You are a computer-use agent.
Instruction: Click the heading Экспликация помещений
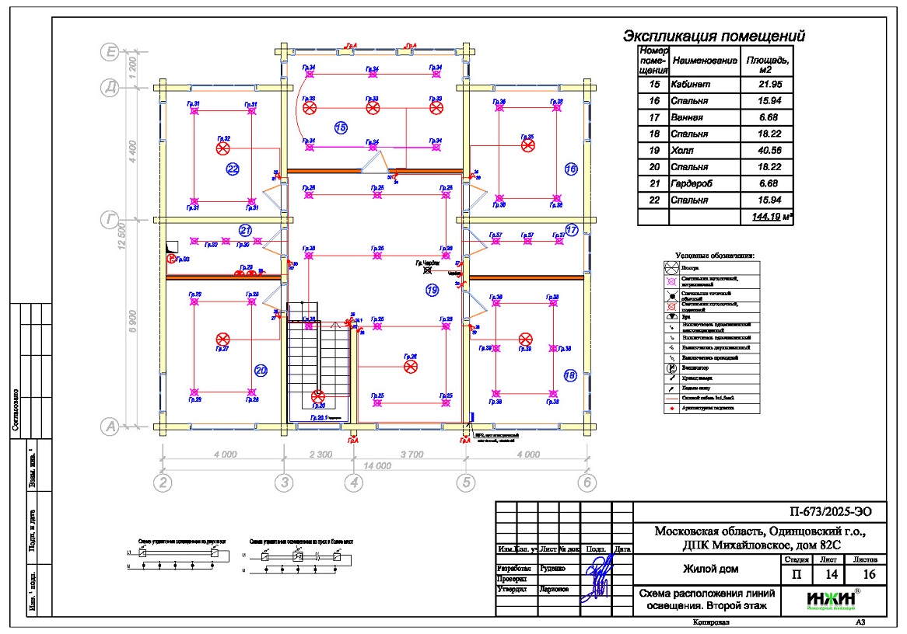[x=713, y=36]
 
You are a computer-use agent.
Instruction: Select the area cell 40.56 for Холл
[x=767, y=150]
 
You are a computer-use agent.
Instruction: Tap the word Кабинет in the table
[x=691, y=84]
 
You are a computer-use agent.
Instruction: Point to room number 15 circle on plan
[x=340, y=127]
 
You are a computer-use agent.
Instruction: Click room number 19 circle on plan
[x=432, y=290]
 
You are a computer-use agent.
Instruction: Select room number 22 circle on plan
[x=233, y=169]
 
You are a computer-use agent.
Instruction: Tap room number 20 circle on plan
[x=261, y=371]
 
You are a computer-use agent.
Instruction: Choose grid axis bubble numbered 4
[x=354, y=482]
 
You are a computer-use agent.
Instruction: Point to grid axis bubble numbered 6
[x=587, y=482]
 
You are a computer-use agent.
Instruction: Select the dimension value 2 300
[x=319, y=454]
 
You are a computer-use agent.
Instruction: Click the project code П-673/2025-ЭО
[x=825, y=511]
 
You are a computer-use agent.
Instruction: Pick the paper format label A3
[x=860, y=622]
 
